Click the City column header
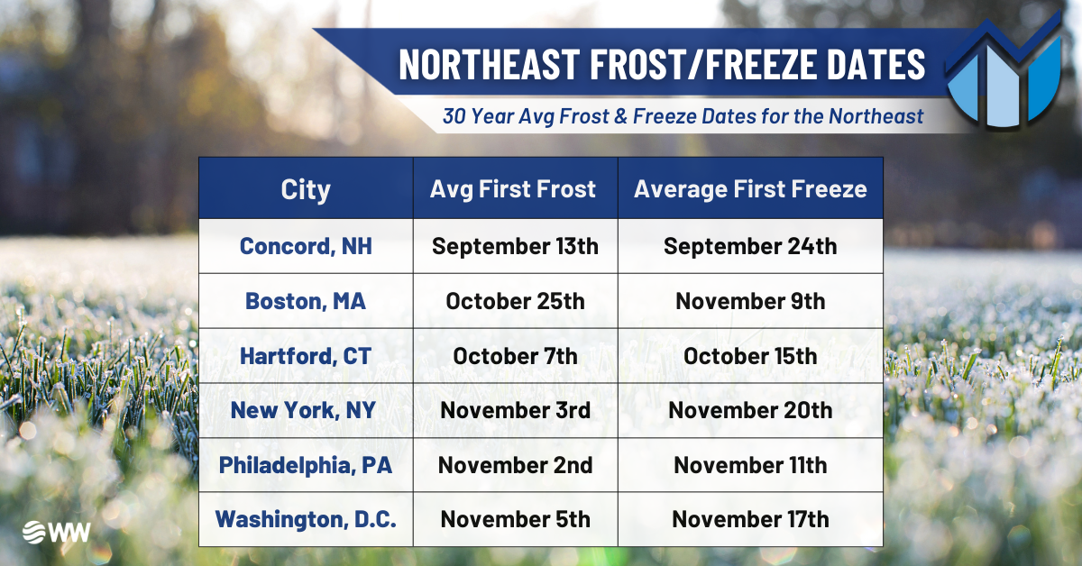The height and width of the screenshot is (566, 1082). point(306,189)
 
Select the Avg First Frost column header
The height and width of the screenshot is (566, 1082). point(513,189)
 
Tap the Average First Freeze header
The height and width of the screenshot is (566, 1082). point(750,189)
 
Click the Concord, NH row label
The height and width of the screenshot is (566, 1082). point(306,246)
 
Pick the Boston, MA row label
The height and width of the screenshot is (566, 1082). point(306,301)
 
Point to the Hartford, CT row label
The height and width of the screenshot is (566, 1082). point(306,356)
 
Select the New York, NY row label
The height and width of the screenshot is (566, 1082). point(303,410)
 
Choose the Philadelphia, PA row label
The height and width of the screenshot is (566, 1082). point(306,465)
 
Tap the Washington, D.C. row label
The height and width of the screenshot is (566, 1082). point(306,520)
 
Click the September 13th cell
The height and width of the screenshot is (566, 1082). point(515,246)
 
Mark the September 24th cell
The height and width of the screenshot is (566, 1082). point(750,246)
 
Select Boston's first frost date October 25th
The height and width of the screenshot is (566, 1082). point(515,301)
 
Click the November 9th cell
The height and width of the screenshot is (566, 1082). point(750,301)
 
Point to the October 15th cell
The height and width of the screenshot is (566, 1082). point(750,356)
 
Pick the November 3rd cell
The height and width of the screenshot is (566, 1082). point(516,410)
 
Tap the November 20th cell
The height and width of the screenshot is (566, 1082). point(750,410)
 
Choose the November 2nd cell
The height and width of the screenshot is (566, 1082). point(516,465)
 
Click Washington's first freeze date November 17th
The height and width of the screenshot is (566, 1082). point(750,520)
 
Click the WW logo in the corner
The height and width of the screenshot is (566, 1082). point(56,532)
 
